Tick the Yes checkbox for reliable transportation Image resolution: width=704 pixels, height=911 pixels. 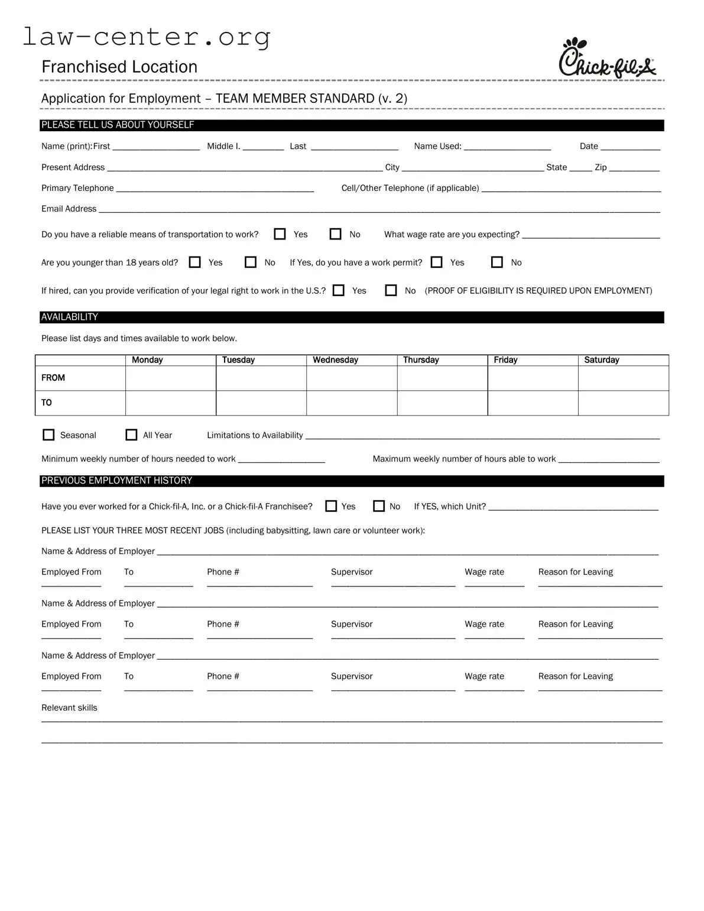(280, 234)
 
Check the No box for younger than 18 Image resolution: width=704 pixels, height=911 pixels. (251, 262)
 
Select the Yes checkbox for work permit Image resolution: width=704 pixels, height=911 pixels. (437, 262)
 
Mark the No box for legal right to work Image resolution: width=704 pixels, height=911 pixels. (391, 290)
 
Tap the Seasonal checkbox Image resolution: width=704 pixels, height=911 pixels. (48, 435)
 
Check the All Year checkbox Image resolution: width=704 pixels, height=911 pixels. (131, 435)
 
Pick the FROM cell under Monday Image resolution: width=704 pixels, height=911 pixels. (170, 378)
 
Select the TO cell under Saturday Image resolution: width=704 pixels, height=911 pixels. (623, 403)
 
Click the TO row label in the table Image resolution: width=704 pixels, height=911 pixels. (47, 403)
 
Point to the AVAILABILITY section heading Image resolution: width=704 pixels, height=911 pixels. (70, 317)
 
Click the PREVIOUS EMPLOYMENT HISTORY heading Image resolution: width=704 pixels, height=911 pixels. (116, 481)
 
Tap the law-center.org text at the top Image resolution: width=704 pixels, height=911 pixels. (147, 37)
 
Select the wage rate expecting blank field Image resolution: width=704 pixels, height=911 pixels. (591, 234)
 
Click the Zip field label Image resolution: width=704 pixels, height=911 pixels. (601, 167)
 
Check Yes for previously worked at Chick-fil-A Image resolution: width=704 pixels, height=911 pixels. (332, 506)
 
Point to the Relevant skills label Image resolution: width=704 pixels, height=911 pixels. (69, 708)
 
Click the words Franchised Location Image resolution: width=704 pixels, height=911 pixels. (119, 67)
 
